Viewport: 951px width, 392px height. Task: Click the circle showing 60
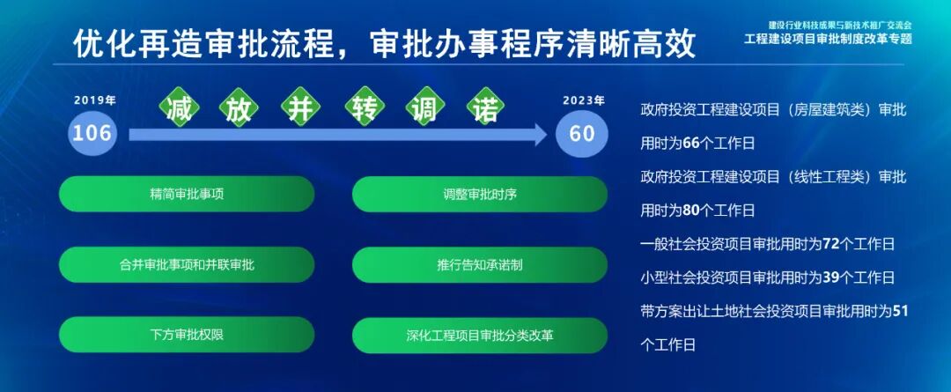[582, 134]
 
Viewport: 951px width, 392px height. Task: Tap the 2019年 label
[95, 100]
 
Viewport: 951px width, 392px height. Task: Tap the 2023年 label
[584, 100]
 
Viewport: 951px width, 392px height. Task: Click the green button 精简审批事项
[187, 194]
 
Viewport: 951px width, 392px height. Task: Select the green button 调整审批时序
[480, 194]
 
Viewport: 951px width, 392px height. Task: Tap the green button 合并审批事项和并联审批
[187, 264]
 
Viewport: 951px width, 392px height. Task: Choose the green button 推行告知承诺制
[480, 264]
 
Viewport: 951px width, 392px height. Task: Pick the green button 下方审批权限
[187, 336]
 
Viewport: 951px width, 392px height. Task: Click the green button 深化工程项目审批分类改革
[480, 336]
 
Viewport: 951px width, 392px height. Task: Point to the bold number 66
[690, 143]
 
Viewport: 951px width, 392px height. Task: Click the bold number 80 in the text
[690, 211]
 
